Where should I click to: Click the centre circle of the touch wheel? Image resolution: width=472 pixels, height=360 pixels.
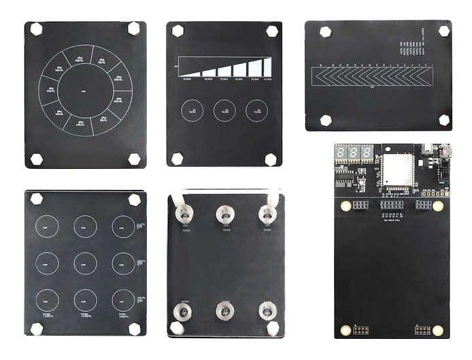85,90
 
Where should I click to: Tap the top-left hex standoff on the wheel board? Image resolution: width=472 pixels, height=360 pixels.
36,29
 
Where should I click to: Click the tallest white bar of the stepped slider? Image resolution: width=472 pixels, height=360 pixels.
267,66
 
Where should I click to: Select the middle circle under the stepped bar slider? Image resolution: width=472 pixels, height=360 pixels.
224,110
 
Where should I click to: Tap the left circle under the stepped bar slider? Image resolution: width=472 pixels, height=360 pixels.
192,110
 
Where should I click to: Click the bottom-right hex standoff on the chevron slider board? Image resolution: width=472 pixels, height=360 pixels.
443,120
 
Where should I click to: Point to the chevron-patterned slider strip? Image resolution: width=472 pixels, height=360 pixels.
371,76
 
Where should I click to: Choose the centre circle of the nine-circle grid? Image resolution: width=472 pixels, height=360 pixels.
85,263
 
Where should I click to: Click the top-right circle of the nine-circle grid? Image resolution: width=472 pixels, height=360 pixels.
123,227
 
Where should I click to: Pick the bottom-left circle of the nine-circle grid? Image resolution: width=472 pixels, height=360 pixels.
47,299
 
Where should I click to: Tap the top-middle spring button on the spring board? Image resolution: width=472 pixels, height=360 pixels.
224,214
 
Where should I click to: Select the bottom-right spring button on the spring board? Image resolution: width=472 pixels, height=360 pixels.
267,311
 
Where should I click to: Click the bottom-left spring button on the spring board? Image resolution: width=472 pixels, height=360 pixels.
182,312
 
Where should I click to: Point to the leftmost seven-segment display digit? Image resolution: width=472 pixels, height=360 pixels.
341,152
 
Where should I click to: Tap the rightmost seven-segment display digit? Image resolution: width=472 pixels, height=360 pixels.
367,152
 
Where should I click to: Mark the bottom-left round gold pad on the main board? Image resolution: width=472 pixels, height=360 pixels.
345,330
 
